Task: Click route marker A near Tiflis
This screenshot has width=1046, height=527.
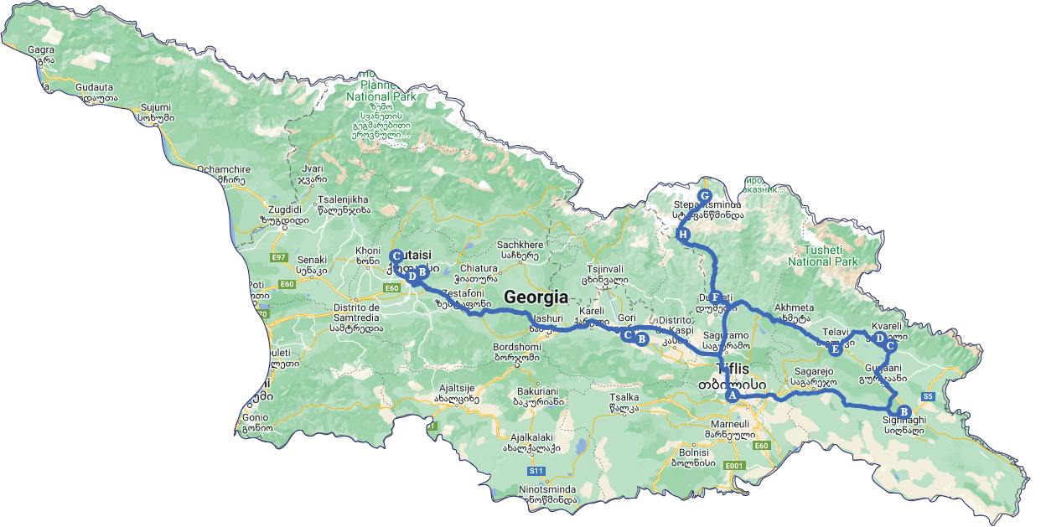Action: (732, 395)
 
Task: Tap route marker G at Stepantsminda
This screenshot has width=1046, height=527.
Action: (704, 195)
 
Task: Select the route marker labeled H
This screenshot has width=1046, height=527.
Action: (683, 235)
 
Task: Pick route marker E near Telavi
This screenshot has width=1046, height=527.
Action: (835, 349)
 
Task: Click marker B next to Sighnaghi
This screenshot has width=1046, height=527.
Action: (904, 411)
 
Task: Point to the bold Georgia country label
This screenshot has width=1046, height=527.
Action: (536, 297)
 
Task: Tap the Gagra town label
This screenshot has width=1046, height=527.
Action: (41, 49)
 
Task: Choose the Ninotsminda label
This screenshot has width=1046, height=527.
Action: (523, 488)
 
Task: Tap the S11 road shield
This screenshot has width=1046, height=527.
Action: (536, 471)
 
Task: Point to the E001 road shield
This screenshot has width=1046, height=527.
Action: (734, 465)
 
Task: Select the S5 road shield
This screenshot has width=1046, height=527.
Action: (928, 396)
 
